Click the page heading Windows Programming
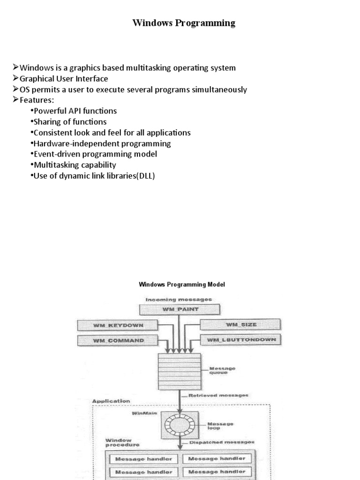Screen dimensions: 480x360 click(184, 23)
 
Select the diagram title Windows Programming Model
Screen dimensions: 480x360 click(182, 285)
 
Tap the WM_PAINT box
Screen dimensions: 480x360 click(180, 309)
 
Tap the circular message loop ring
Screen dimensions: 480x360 click(180, 425)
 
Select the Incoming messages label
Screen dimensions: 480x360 click(179, 299)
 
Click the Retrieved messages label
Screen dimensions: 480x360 click(218, 396)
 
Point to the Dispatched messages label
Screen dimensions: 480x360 click(222, 442)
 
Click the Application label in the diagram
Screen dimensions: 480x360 click(111, 401)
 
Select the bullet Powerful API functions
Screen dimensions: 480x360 click(75, 111)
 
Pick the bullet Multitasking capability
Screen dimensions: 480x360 click(75, 165)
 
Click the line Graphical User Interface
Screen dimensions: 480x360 click(64, 79)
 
